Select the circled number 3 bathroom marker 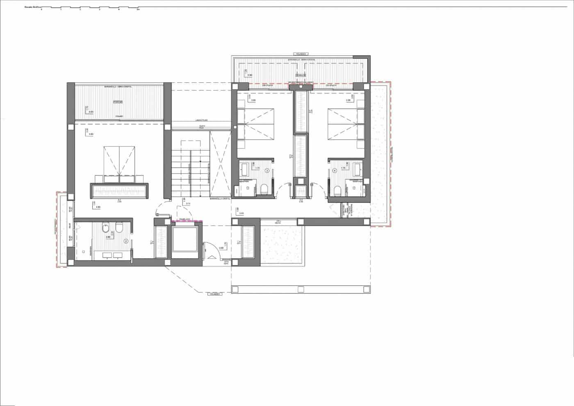[x=267, y=170]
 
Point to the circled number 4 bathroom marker [x=335, y=170]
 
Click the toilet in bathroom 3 [x=264, y=189]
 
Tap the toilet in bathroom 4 [x=338, y=190]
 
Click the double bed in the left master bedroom [x=119, y=161]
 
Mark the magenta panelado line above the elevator [x=187, y=221]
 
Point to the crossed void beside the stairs [x=221, y=164]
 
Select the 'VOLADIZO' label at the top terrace [x=301, y=54]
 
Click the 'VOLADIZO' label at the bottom [x=214, y=294]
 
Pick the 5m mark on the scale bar [x=138, y=9]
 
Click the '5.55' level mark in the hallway [x=241, y=213]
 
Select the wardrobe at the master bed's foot [x=119, y=191]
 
